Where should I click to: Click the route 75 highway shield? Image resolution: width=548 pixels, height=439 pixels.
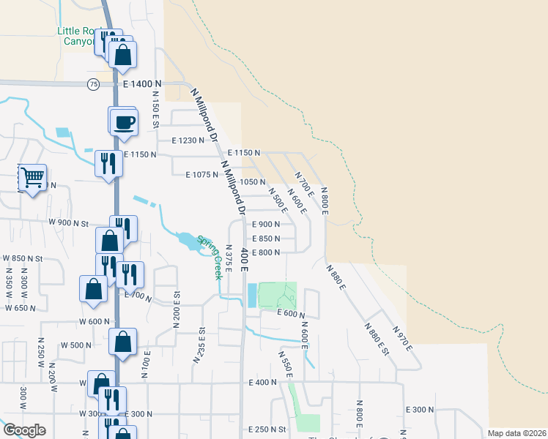click(x=93, y=85)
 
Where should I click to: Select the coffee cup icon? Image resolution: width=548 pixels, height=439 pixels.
click(x=125, y=122)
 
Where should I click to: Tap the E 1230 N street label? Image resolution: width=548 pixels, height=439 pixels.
click(x=188, y=140)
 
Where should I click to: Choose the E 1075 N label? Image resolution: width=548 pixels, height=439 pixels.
click(x=202, y=174)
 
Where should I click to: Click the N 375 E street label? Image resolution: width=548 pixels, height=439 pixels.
click(x=229, y=258)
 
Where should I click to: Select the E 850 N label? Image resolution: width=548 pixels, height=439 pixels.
click(x=267, y=239)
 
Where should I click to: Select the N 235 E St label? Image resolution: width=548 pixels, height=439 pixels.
click(x=199, y=345)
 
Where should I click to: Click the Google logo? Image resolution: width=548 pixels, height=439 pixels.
click(x=23, y=430)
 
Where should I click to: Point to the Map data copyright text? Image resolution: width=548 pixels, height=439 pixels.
click(x=516, y=433)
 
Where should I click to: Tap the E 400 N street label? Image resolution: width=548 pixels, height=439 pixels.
click(x=263, y=382)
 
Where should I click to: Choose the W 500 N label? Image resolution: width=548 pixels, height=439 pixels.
click(x=76, y=345)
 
